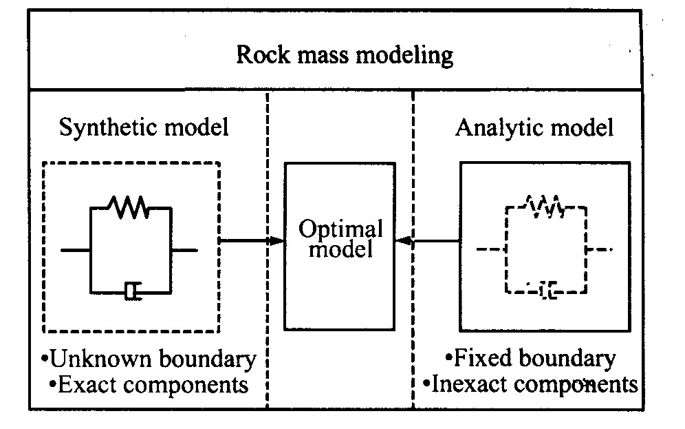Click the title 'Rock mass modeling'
[345, 54]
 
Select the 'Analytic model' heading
[534, 128]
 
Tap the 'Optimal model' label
[340, 239]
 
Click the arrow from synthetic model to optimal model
[252, 240]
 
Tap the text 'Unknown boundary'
[148, 359]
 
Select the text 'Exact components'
[149, 384]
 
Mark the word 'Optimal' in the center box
[340, 229]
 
